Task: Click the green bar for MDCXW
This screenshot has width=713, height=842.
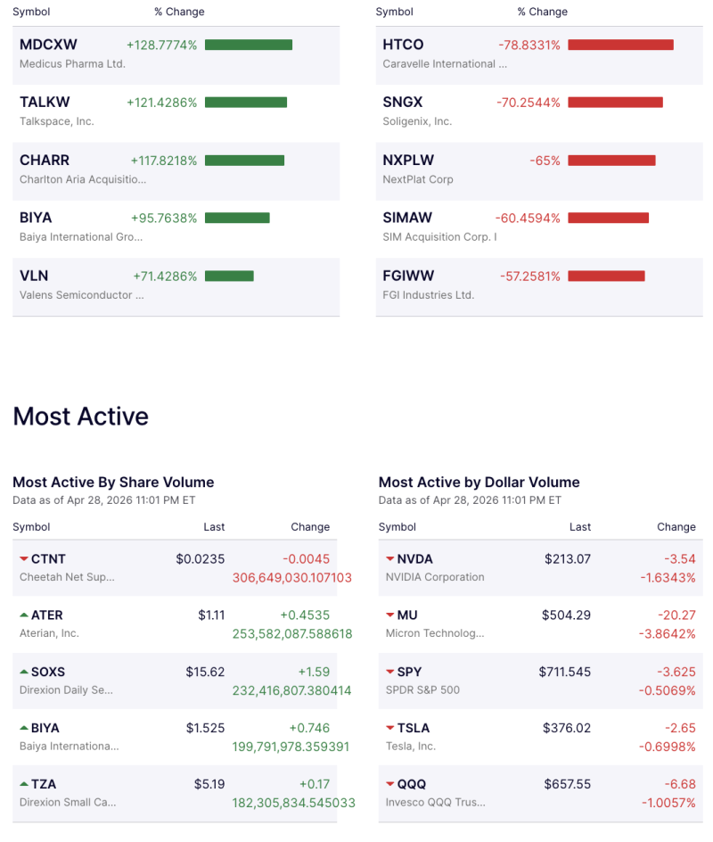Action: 249,45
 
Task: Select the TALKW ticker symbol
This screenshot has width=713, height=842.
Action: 45,103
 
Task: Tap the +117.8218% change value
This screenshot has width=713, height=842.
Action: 164,161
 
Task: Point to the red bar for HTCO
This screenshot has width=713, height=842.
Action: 620,45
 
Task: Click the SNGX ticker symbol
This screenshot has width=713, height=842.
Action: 403,103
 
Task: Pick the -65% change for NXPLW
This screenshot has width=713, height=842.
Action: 545,161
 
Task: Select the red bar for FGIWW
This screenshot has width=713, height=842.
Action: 606,277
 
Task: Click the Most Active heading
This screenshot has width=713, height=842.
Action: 81,417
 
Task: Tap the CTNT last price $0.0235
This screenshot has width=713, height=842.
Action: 200,559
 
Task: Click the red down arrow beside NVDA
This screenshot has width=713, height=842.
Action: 390,559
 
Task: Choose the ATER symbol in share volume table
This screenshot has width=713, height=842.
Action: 47,615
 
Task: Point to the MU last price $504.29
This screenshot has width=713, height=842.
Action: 566,615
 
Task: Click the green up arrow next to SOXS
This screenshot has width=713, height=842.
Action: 23,672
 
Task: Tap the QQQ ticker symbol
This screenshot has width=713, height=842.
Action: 412,784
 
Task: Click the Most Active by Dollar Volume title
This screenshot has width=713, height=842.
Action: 479,483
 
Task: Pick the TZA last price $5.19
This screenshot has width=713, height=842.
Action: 209,784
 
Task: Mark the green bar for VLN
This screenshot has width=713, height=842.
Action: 229,277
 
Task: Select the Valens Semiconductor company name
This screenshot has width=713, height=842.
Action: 81,295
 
